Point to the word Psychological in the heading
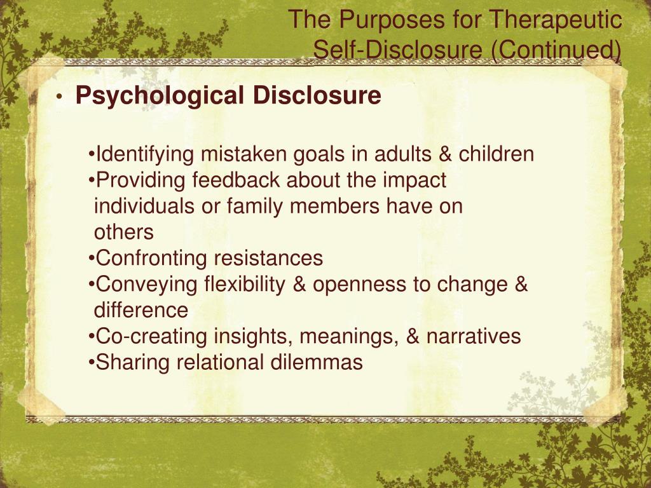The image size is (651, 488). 160,96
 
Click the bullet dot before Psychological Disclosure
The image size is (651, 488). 58,97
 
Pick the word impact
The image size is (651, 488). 415,180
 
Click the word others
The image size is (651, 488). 124,233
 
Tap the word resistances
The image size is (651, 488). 268,259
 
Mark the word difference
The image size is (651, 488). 141,311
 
